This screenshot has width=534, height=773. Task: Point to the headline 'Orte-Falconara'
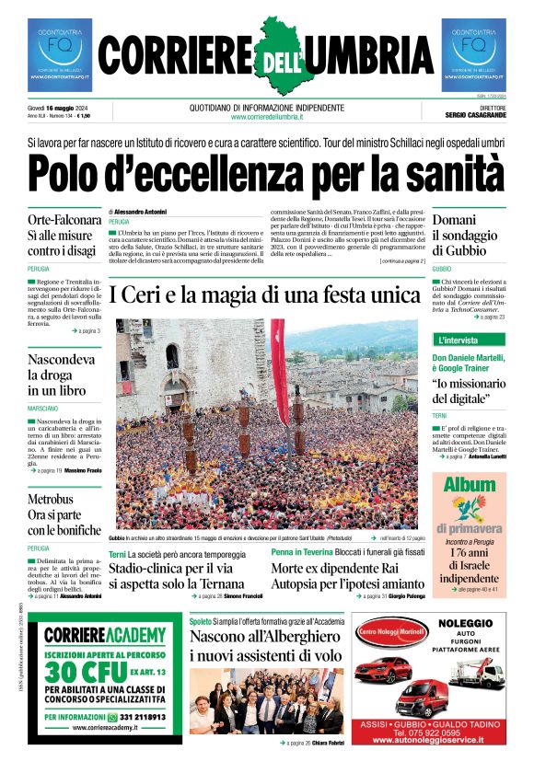64,220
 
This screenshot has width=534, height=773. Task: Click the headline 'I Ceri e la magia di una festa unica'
264,295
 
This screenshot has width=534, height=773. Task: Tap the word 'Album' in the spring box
470,485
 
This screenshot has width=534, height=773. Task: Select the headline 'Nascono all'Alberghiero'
268,635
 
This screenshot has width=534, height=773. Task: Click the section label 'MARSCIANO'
43,407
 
